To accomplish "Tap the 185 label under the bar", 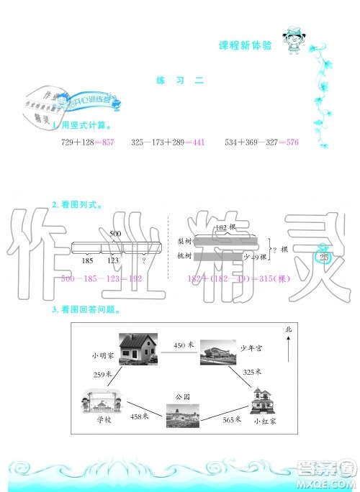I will click(x=88, y=261).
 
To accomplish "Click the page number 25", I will click(x=323, y=258).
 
